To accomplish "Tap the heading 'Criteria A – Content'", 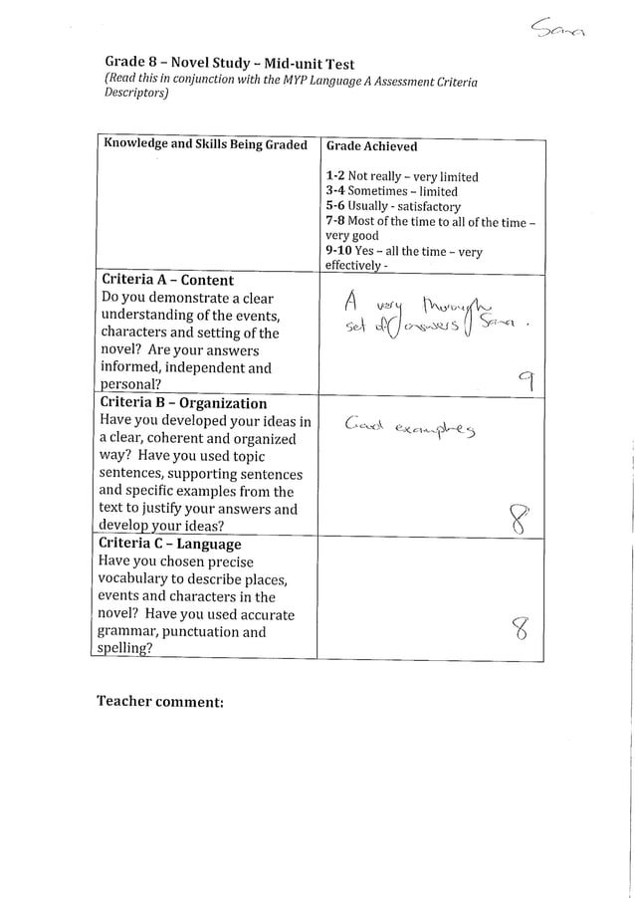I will tap(166, 280).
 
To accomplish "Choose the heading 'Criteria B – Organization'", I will tap(183, 403).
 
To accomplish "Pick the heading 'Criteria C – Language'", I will tap(169, 544).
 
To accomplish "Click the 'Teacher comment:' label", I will tap(159, 702).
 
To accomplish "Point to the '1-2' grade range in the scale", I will tap(334, 176).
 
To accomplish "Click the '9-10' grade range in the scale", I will tap(339, 252).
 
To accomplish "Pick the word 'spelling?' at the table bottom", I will tap(132, 649).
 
